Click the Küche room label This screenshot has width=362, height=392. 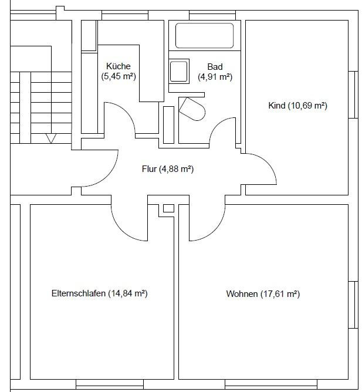click(x=119, y=71)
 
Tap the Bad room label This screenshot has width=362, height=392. click(x=215, y=72)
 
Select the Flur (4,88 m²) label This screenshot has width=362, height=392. click(x=168, y=169)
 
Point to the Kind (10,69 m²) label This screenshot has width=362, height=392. click(x=297, y=106)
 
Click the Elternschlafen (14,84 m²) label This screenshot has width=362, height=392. click(x=100, y=293)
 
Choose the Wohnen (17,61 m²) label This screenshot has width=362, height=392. click(x=263, y=294)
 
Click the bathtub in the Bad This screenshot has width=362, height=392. click(x=205, y=35)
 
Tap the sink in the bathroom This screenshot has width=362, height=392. click(x=179, y=71)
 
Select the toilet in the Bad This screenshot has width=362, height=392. click(x=192, y=109)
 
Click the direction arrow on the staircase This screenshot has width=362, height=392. click(x=51, y=138)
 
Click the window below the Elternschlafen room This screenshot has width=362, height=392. click(x=110, y=384)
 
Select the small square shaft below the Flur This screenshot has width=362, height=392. click(x=168, y=208)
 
